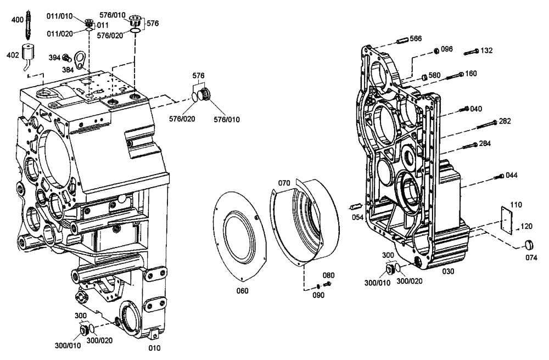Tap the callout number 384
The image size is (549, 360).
[x=68, y=70]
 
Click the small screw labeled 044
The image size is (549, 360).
[x=500, y=176]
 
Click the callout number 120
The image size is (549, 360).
[x=526, y=226]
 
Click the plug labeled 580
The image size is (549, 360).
[x=424, y=76]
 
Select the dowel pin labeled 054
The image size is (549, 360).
[x=355, y=207]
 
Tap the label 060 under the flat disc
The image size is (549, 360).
[x=242, y=290]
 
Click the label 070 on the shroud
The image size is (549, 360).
[x=283, y=183]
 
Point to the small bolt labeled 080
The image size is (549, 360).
[x=326, y=284]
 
